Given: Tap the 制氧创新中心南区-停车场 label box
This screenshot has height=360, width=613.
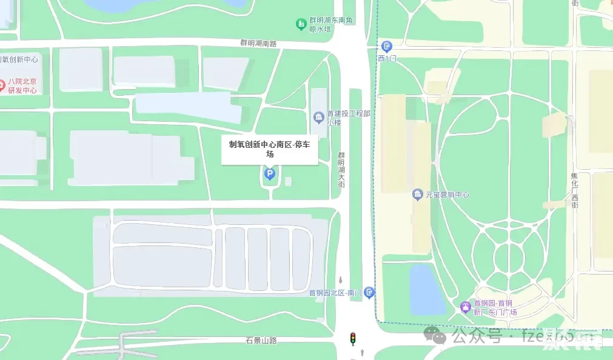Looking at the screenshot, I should [x=270, y=149].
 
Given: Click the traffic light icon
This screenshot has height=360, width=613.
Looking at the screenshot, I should [x=352, y=338].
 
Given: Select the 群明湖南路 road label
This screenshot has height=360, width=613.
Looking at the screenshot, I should [x=258, y=43].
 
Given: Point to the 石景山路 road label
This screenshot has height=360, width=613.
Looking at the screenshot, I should [x=261, y=340].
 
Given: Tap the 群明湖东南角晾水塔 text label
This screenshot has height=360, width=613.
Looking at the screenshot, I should [x=330, y=24].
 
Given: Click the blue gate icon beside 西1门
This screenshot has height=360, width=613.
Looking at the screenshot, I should [x=386, y=46].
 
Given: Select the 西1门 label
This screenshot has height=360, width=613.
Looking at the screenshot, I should [x=387, y=59].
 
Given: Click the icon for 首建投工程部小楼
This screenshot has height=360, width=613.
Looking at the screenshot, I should [x=318, y=116].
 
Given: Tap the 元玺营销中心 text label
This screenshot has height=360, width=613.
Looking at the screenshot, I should [x=447, y=195].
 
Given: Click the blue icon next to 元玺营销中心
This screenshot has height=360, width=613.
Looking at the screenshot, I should [x=417, y=195].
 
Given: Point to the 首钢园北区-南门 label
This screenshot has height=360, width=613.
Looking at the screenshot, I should [x=335, y=293].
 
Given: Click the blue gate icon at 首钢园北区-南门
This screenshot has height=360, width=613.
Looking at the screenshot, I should [x=369, y=293].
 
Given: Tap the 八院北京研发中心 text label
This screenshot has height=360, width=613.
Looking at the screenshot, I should [x=22, y=86].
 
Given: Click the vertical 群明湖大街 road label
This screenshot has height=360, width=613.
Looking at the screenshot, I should [x=341, y=170].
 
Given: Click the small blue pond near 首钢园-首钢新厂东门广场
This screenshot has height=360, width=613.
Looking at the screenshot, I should [x=427, y=290].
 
